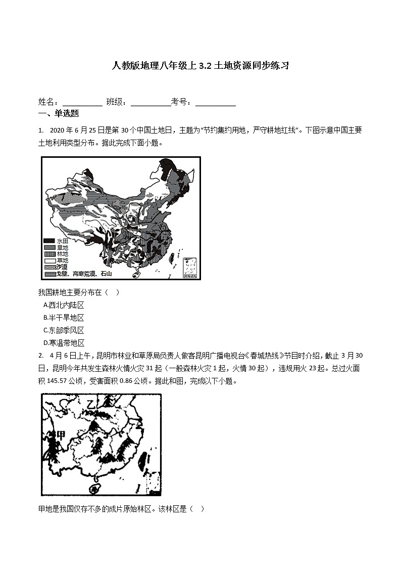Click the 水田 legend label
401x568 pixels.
[62, 241]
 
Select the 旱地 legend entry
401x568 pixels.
[62, 248]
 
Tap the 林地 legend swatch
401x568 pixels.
[49, 254]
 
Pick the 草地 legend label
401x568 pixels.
[62, 260]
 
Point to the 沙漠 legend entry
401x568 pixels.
[62, 267]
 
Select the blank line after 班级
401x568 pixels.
[151, 103]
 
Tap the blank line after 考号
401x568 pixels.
[216, 103]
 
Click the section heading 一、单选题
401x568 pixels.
[59, 114]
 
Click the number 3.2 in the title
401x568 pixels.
[206, 66]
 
